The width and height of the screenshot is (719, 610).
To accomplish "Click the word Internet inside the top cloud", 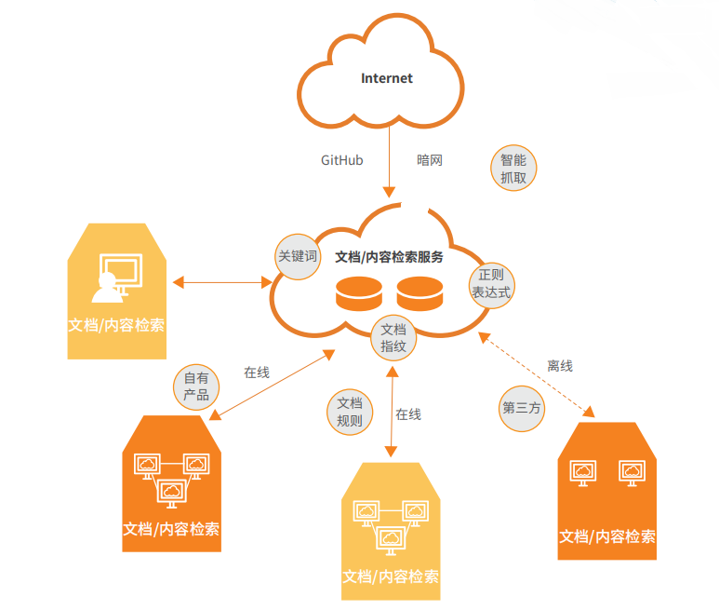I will [x=386, y=78].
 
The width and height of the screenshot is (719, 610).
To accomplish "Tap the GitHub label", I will [x=341, y=160].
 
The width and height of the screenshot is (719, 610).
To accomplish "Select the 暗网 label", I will [x=430, y=160].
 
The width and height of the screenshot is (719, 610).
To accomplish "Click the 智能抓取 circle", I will [x=513, y=168].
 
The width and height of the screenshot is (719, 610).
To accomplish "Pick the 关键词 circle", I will [x=298, y=255].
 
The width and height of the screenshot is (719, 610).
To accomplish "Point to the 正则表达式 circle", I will [x=490, y=284].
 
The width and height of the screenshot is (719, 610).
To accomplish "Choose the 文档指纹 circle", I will [x=393, y=337].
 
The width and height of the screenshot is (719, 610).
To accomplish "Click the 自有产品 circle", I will [x=196, y=386].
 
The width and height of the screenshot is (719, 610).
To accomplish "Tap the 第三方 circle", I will [x=522, y=408].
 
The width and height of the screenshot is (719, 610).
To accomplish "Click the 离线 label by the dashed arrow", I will [x=560, y=366].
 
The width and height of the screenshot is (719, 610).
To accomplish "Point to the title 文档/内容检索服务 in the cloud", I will [x=389, y=257].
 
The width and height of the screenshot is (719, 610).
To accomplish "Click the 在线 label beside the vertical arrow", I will [x=408, y=414].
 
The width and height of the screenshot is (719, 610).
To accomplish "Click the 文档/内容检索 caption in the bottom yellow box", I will [x=391, y=576].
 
